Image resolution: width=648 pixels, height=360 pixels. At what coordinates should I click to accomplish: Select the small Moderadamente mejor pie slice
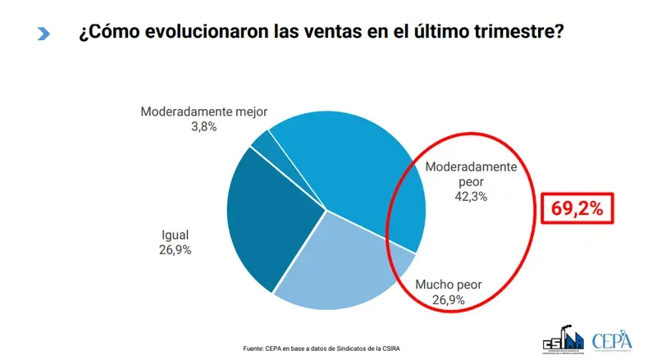click(x=263, y=142)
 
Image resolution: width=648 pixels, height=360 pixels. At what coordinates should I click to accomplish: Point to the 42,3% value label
click(x=471, y=196)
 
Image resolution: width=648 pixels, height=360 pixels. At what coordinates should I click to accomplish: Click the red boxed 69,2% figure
click(x=576, y=209)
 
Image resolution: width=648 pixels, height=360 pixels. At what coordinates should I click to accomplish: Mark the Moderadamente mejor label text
click(x=204, y=112)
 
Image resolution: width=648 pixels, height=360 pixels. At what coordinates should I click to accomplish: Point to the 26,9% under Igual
click(x=174, y=249)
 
